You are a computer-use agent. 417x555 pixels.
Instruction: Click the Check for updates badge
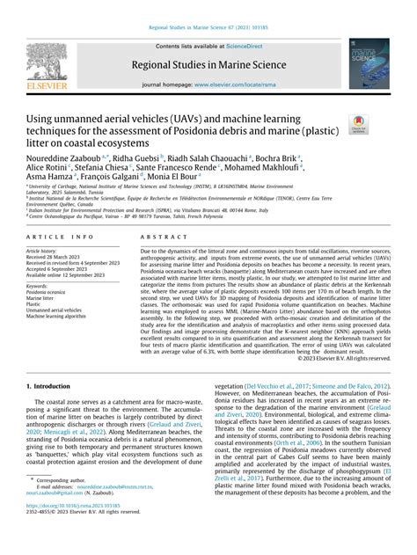[361, 124]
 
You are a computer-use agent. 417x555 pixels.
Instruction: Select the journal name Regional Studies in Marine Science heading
[208, 66]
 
